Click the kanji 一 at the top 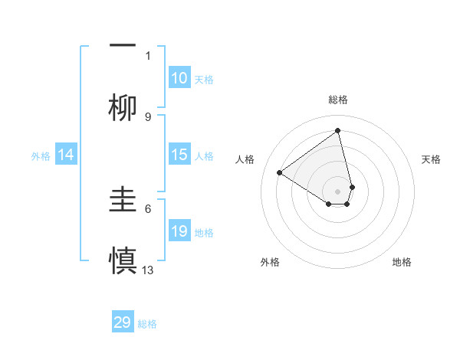(x=123, y=45)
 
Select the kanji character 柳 (x=123, y=108)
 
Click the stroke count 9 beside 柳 (x=148, y=116)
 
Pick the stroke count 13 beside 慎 (x=148, y=270)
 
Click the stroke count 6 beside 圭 (x=148, y=208)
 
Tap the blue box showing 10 (x=179, y=78)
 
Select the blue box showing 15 (x=179, y=155)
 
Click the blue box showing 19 (x=179, y=231)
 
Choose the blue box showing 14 (x=66, y=155)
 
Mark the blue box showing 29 (x=123, y=322)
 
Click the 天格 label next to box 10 (x=204, y=80)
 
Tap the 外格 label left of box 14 (x=41, y=156)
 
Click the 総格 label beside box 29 (x=147, y=324)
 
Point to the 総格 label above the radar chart (x=338, y=100)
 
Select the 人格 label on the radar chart (x=245, y=159)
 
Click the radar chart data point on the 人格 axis (x=280, y=172)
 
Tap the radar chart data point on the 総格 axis (x=338, y=131)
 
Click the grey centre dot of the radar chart (x=338, y=191)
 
